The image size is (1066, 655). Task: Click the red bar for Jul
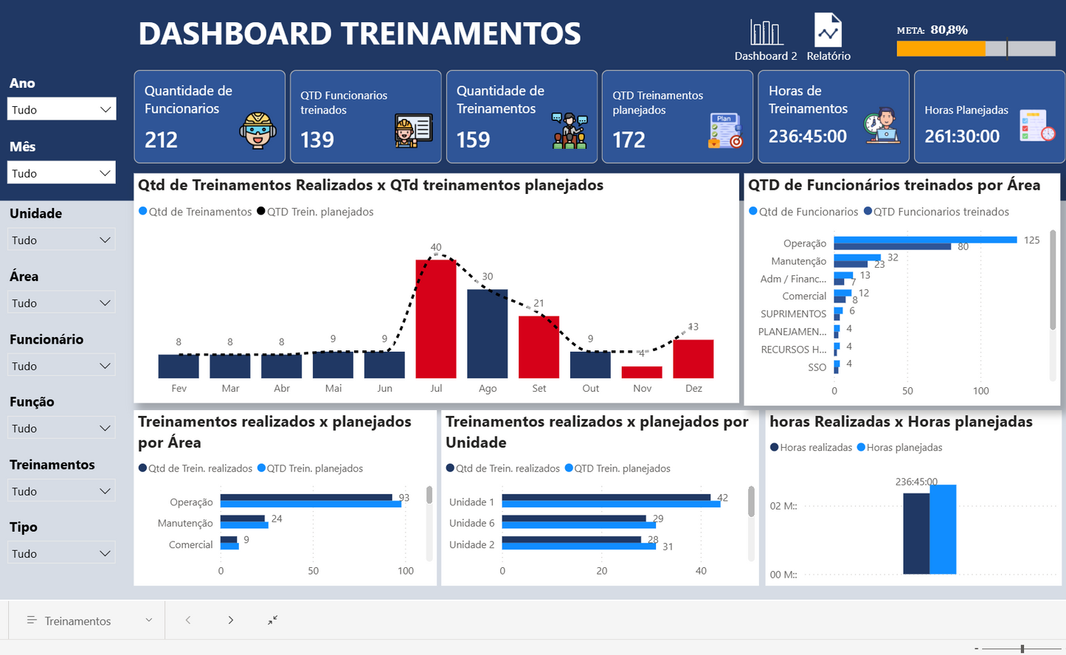pos(436,319)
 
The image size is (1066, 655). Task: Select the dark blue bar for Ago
pos(488,333)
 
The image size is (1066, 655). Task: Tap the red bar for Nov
pos(642,372)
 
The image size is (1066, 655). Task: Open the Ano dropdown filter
pos(63,109)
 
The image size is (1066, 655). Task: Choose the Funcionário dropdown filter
pos(63,366)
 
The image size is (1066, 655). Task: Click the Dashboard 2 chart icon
pos(766,33)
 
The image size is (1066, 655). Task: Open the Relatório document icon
pos(828,32)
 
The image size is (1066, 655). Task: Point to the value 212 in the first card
pos(161,139)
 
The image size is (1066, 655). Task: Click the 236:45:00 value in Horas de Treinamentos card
pos(808,136)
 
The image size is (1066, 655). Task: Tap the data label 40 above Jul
pos(436,247)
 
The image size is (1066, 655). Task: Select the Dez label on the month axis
pos(693,389)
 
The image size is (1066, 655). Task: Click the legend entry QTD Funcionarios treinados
pos(941,212)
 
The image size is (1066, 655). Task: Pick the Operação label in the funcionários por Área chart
pos(805,243)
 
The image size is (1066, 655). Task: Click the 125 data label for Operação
pos(1031,240)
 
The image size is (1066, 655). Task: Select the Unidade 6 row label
pos(471,523)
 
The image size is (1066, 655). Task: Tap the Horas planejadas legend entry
pos(904,448)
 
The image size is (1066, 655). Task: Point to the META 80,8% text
pos(932,30)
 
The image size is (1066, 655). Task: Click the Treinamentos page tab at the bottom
pos(77,621)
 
